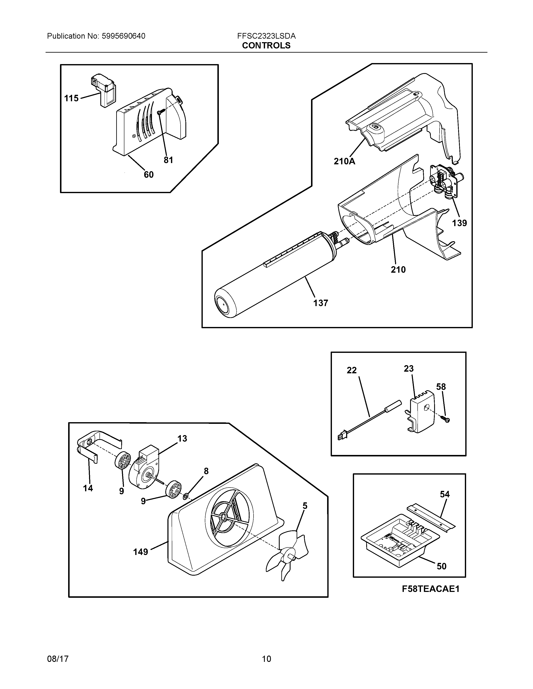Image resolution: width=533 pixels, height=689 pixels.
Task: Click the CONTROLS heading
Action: click(266, 46)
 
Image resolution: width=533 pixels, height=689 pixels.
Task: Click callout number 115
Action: click(71, 98)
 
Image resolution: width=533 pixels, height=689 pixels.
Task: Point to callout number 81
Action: click(168, 160)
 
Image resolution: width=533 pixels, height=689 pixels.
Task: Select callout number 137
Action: click(320, 303)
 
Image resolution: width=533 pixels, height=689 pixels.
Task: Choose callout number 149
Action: click(140, 552)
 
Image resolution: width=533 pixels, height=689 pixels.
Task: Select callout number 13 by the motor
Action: click(182, 438)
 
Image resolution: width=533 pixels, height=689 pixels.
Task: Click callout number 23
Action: click(409, 369)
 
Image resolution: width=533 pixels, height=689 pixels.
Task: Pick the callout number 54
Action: click(445, 494)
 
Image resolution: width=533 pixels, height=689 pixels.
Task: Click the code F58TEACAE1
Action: click(430, 589)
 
